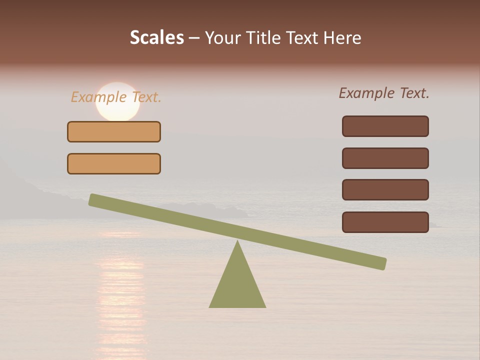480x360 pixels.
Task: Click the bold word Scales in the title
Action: pyautogui.click(x=156, y=37)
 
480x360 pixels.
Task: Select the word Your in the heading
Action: pyautogui.click(x=223, y=37)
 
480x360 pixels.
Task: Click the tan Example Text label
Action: pyautogui.click(x=116, y=97)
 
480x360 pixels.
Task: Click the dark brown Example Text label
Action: pyautogui.click(x=384, y=93)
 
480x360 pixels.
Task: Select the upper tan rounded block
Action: pyautogui.click(x=114, y=131)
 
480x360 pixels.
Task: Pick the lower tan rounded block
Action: pyautogui.click(x=114, y=163)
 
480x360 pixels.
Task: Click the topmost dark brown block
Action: pyautogui.click(x=385, y=126)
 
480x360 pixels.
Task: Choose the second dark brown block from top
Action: pyautogui.click(x=385, y=158)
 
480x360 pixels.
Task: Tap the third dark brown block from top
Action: pyautogui.click(x=385, y=189)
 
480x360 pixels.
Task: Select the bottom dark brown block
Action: pyautogui.click(x=385, y=222)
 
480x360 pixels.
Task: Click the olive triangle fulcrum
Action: pyautogui.click(x=237, y=285)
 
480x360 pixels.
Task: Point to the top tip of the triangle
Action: pyautogui.click(x=237, y=242)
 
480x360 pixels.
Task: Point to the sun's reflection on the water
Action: pyautogui.click(x=120, y=290)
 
